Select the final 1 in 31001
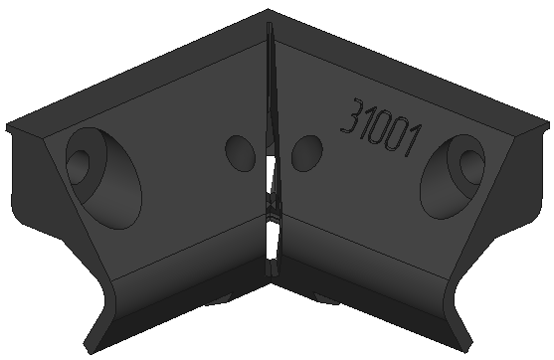(414, 141)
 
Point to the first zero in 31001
(382, 129)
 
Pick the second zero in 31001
(398, 135)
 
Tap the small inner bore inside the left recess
(79, 167)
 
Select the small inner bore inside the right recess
(471, 167)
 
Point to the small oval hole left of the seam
(241, 153)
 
